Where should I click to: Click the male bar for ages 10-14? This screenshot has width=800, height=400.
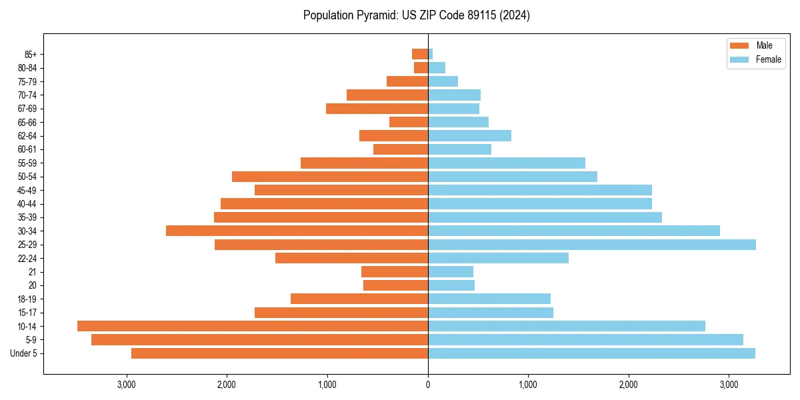tap(253, 326)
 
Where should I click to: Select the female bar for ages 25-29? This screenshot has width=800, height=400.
tap(592, 245)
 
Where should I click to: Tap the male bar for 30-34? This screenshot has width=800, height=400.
tap(297, 231)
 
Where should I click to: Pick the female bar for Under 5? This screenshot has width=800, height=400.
tap(591, 353)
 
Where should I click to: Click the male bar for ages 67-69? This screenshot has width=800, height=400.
tap(377, 109)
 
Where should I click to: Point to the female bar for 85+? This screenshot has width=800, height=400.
tap(431, 54)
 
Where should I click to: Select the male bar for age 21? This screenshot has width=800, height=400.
tap(395, 272)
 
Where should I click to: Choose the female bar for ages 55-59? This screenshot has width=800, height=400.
tap(507, 163)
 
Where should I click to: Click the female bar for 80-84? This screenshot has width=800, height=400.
tap(437, 68)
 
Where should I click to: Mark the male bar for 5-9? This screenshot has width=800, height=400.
tap(259, 340)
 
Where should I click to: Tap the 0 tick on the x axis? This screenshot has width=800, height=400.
tap(428, 384)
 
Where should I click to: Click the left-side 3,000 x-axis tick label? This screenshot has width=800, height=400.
tap(127, 384)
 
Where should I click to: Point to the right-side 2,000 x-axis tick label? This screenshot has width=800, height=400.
tap(629, 384)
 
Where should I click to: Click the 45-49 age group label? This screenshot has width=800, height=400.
tap(27, 190)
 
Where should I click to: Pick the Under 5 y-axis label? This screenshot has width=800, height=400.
tap(24, 353)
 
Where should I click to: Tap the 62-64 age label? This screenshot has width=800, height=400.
tap(27, 136)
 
